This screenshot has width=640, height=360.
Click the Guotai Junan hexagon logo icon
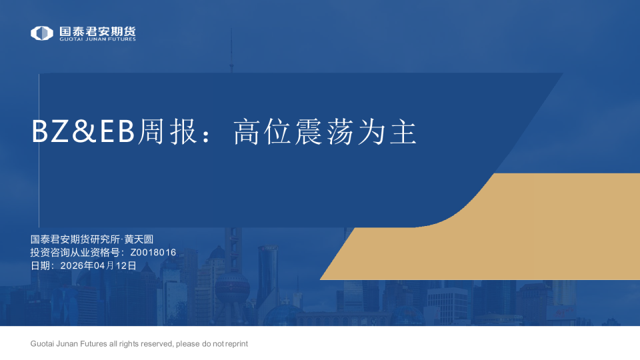click(41, 33)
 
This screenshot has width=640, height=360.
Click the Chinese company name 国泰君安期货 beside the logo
click(97, 31)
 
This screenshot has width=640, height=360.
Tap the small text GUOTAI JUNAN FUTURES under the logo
click(97, 39)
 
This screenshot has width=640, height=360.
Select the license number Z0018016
click(153, 252)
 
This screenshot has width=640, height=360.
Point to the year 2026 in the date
click(72, 265)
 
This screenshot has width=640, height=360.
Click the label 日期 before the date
click(40, 265)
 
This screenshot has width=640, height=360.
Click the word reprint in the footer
click(236, 343)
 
